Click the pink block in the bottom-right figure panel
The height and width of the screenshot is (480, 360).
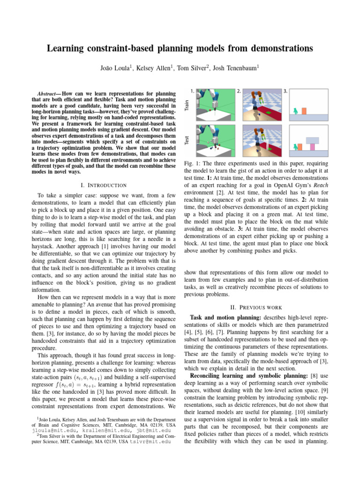312,147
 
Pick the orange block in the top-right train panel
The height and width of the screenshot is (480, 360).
304,111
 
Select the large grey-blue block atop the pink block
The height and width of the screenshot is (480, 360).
312,139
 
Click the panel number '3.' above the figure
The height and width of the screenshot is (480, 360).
286,90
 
